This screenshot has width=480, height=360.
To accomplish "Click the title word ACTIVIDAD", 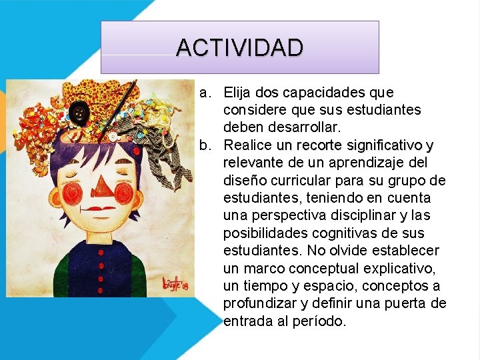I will point(239,47).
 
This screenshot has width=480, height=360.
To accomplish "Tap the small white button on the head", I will point(114,137).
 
